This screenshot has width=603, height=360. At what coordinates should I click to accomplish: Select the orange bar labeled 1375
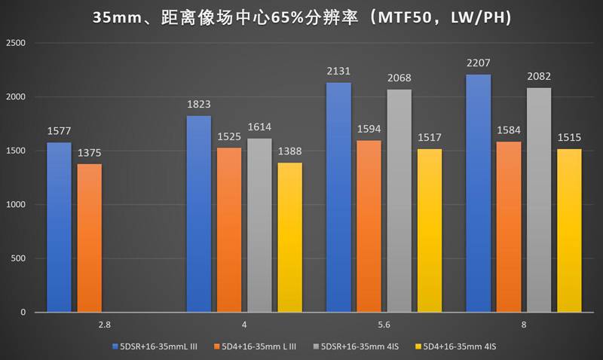tap(89, 238)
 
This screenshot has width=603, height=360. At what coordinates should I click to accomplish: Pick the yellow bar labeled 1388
tap(289, 237)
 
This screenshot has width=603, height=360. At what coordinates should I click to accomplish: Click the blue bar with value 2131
tap(339, 197)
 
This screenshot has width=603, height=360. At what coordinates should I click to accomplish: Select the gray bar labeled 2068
tap(399, 200)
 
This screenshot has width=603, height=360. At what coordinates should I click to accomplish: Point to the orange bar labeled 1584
tap(510, 227)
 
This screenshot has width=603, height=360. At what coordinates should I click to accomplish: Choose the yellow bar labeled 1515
tap(570, 230)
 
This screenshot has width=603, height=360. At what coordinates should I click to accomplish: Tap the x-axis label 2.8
tap(104, 325)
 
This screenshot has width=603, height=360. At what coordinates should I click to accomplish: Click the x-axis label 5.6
tap(385, 325)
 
